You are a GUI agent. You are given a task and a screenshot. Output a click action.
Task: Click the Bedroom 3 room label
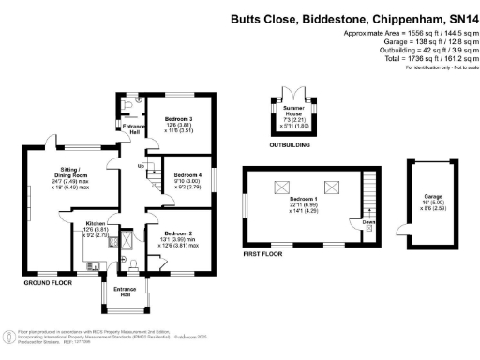(x=178, y=120)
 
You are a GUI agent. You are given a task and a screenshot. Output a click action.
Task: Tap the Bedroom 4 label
(x=187, y=175)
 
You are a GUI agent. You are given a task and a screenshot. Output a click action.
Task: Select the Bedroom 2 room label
(x=178, y=232)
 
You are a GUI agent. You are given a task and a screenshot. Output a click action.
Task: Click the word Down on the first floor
(x=368, y=222)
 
